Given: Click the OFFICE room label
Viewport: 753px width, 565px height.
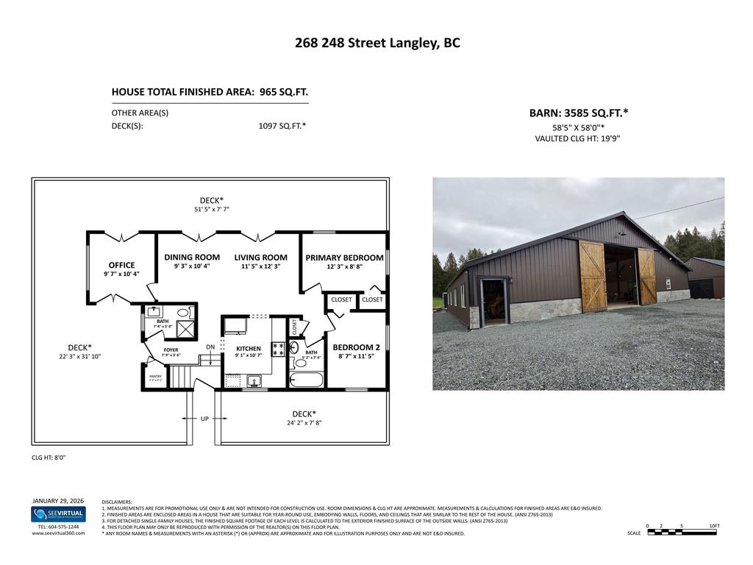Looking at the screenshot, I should point(121,265).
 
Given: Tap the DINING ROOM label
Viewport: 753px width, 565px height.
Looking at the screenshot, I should point(192,257).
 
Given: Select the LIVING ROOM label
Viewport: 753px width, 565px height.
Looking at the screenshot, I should point(260,257).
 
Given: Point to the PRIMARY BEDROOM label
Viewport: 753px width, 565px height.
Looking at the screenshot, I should point(344,257).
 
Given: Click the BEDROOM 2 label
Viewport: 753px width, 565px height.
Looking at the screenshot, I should point(356,347).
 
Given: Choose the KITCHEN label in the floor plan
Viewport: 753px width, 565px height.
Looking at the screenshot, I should point(248,349).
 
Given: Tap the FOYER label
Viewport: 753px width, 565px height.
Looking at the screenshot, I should point(171,350).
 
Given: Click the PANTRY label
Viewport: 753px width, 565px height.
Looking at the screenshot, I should point(155,376).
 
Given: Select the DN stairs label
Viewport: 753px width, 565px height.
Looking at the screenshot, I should point(210,347).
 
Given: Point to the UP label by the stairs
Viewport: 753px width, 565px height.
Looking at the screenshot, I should point(204,419).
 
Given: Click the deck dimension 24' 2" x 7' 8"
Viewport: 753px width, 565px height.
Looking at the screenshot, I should point(304,423).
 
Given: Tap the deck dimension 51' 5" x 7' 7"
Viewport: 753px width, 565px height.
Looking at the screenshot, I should point(212,209).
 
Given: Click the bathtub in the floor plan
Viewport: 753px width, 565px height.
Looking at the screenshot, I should point(305,380).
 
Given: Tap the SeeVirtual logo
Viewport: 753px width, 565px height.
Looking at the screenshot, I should point(58,514).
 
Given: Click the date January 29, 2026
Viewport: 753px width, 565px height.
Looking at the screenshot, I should point(58,500).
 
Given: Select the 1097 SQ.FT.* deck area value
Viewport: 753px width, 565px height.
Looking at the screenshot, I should point(282,126).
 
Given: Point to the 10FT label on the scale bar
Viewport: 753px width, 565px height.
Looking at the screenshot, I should point(714,525).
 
